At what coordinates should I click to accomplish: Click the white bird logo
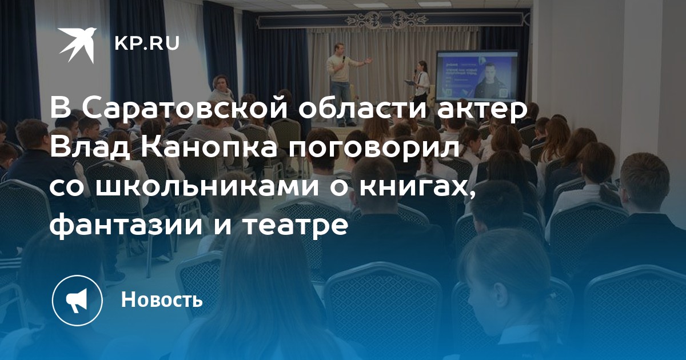click(77, 45)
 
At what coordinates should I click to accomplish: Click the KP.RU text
click(147, 43)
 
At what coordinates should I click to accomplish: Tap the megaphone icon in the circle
click(77, 301)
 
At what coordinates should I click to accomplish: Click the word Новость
click(162, 299)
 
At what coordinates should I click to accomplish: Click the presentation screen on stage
click(477, 76)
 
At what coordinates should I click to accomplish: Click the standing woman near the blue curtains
click(221, 92)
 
